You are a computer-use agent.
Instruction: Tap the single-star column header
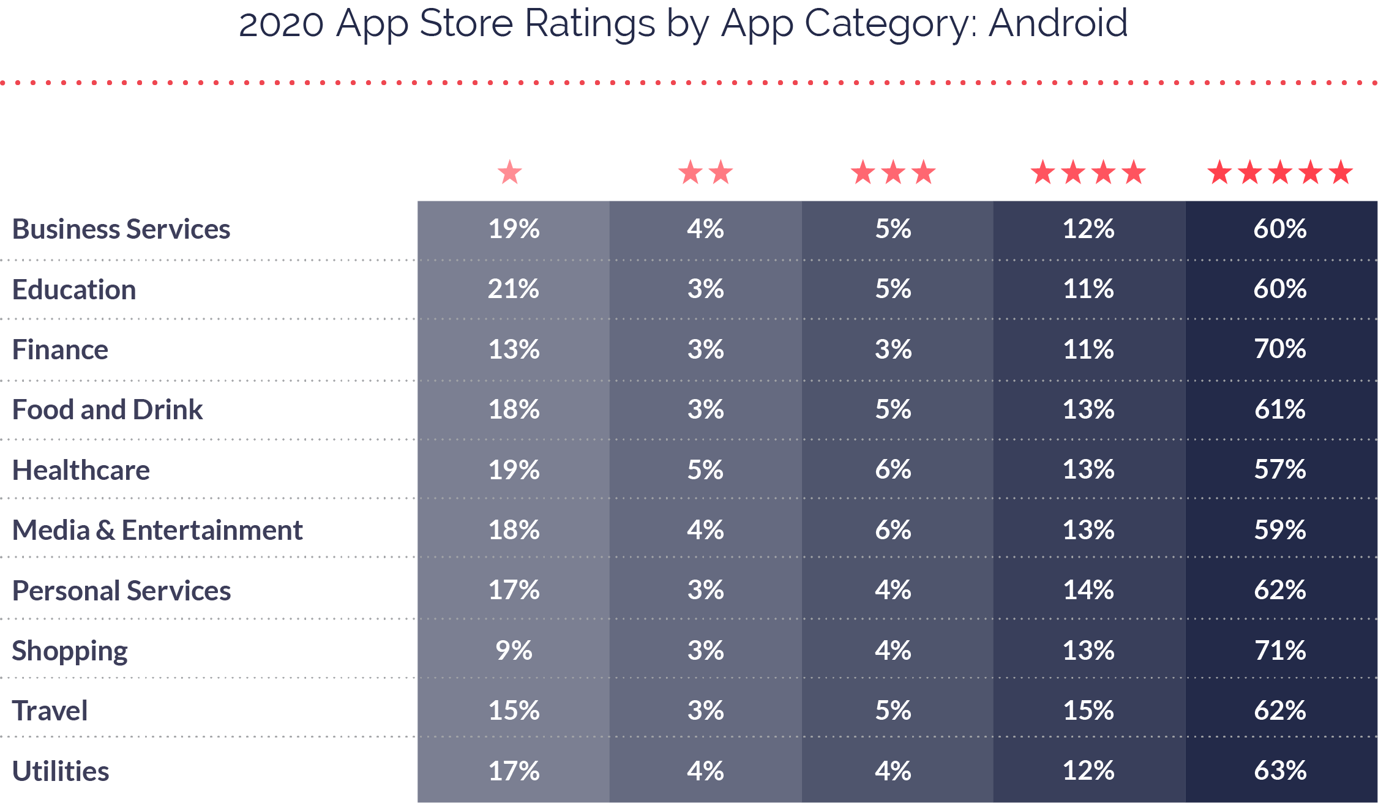510,173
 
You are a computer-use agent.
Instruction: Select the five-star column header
1280,173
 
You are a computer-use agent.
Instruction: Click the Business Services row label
121,230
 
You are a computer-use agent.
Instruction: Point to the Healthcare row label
81,471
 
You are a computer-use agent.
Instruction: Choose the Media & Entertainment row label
157,531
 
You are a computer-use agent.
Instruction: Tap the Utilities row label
61,771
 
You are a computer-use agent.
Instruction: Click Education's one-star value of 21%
514,289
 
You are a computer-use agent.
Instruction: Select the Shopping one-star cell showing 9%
514,651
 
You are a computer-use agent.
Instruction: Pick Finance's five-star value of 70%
1280,349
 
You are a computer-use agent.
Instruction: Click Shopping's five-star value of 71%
1280,651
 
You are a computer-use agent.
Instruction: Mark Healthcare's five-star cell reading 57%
1280,470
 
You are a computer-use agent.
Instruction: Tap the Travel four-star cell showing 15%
1088,711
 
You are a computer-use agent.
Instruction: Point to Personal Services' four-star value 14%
1088,591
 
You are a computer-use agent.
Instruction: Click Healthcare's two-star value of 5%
705,470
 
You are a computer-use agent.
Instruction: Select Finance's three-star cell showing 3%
893,349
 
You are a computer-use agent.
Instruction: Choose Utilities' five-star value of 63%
1280,771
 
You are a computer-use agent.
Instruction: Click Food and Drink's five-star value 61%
1280,409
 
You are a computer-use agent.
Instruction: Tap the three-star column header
893,173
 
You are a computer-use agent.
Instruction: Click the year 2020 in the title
281,24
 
